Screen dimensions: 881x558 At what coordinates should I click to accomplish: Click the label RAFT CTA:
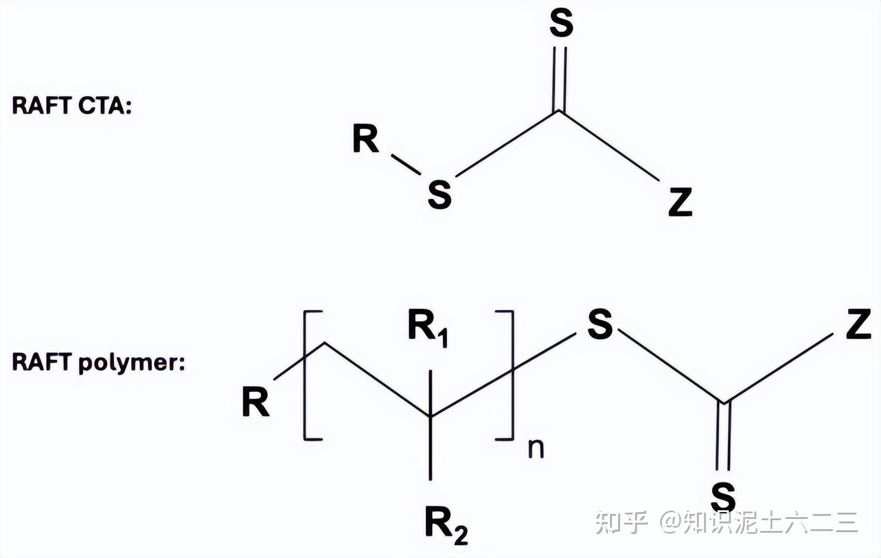(72, 105)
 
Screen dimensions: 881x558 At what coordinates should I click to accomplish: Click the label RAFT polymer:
(98, 362)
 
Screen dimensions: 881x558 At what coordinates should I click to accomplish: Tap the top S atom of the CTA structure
(561, 24)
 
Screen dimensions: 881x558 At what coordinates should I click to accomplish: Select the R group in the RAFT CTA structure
(366, 139)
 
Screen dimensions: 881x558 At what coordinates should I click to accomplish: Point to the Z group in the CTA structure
(680, 203)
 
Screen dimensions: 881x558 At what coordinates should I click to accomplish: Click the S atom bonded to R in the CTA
(439, 194)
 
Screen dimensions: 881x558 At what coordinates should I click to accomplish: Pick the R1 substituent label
(428, 327)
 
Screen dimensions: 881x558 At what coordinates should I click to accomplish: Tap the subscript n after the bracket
(536, 448)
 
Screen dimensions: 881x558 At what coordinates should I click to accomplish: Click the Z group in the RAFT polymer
(858, 325)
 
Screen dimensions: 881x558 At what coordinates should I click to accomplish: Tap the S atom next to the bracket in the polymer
(599, 324)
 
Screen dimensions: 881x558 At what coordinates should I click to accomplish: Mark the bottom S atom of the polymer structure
(723, 497)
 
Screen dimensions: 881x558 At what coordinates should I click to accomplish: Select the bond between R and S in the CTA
(406, 164)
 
